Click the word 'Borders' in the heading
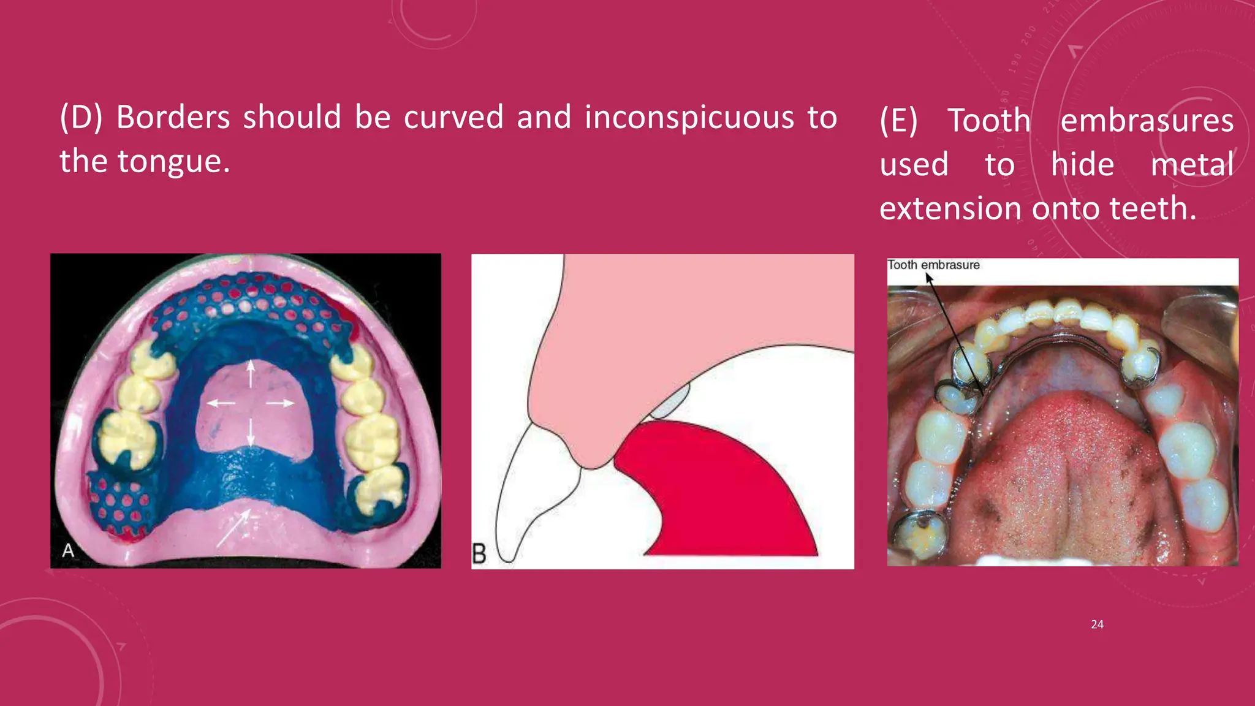(x=173, y=117)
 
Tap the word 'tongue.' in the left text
(x=173, y=162)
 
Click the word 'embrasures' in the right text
(x=1147, y=120)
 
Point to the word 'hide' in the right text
(x=1082, y=164)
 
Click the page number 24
(x=1097, y=624)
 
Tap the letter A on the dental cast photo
(x=68, y=550)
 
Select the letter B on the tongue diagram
(x=479, y=553)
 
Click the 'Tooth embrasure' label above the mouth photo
(x=933, y=265)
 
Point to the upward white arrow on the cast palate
(x=251, y=374)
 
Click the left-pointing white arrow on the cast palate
(x=221, y=403)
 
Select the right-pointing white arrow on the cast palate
(x=280, y=403)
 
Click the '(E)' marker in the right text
(x=898, y=120)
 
